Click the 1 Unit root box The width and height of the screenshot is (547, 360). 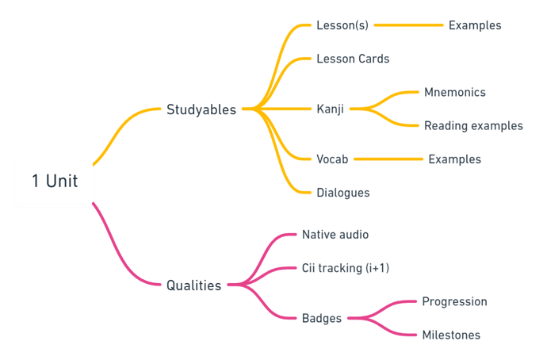click(55, 181)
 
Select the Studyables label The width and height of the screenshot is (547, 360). click(201, 109)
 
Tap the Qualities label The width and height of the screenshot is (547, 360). click(193, 285)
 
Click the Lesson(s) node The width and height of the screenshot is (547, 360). click(342, 25)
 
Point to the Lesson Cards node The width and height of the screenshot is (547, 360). click(353, 59)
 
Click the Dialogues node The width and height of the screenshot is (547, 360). click(342, 193)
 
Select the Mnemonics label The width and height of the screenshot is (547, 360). click(455, 92)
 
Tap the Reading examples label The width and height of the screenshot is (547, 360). click(473, 125)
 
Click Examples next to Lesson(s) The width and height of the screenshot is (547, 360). click(475, 25)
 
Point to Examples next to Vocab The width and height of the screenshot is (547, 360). click(455, 159)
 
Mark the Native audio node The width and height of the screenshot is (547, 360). click(335, 235)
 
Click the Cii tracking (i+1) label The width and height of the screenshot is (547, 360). click(346, 268)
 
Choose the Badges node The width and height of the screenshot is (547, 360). click(322, 318)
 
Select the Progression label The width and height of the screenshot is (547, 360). click(454, 301)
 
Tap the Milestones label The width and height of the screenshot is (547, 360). click(451, 335)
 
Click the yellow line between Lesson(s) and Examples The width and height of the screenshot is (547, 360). click(408, 25)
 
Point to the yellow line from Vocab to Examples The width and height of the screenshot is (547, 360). click(388, 159)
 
